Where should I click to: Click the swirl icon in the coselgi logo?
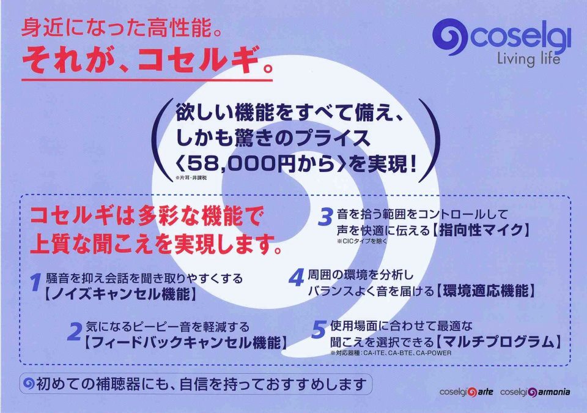tap(450, 37)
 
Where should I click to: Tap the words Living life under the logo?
tap(528, 59)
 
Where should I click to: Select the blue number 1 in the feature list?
tap(35, 282)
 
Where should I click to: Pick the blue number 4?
tap(296, 278)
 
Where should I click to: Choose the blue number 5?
tap(319, 329)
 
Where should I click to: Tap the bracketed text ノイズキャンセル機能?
tap(120, 294)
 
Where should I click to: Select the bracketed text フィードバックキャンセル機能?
tap(186, 343)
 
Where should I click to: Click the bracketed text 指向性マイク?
tap(481, 229)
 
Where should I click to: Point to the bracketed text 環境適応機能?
tap(485, 291)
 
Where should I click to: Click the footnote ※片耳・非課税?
tap(191, 178)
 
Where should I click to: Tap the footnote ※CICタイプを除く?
tap(362, 241)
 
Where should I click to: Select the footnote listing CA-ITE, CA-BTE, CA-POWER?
tap(391, 352)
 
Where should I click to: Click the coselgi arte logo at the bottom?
tap(466, 392)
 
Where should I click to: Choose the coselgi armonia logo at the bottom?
tap(535, 392)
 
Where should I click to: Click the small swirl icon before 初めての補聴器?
tap(29, 383)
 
